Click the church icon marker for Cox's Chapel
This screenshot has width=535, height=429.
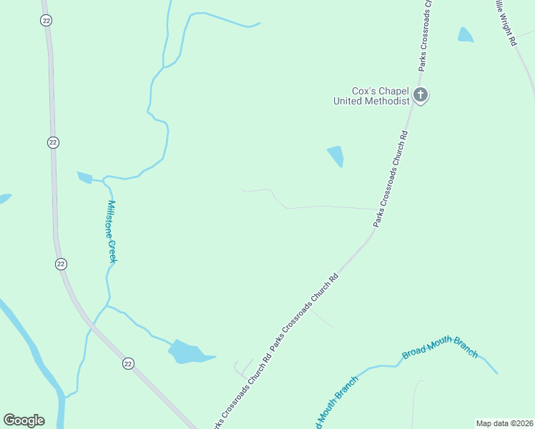[x=421, y=94]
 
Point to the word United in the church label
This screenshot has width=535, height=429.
[x=348, y=101]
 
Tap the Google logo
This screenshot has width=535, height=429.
[x=24, y=420]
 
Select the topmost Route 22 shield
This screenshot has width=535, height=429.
[x=46, y=19]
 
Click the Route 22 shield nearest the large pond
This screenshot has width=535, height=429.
[x=128, y=363]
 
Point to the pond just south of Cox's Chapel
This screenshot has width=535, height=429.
[x=335, y=155]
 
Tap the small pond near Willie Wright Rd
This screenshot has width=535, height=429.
[x=466, y=34]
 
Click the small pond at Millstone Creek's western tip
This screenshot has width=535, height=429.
[x=84, y=177]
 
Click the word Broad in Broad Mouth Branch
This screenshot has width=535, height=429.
[x=414, y=351]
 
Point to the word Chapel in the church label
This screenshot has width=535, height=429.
[x=395, y=91]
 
